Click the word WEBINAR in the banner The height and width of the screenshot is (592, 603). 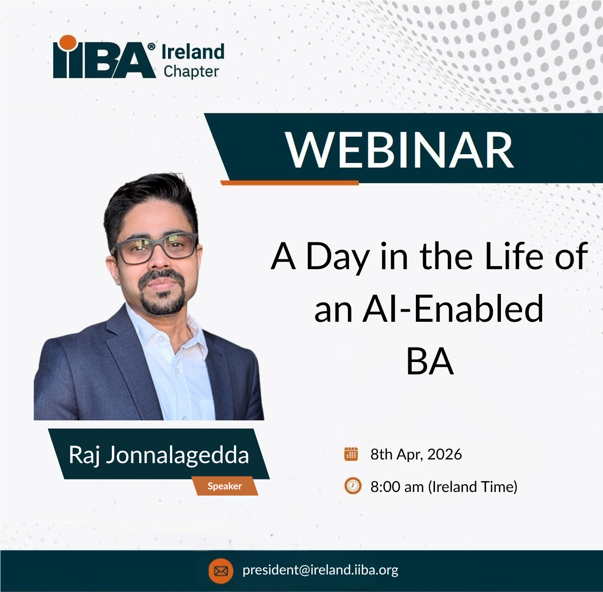399,150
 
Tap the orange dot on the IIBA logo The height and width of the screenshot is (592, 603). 68,43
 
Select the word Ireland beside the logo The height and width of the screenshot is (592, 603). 193,52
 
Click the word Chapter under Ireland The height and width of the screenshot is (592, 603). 191,72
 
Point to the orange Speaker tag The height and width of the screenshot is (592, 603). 225,486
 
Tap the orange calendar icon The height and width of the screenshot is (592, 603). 351,454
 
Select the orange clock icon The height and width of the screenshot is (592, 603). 353,485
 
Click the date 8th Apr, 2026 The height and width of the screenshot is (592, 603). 416,454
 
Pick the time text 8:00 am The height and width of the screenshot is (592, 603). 397,487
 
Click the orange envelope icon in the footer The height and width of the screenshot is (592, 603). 221,571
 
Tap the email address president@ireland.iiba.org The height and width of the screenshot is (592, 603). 321,570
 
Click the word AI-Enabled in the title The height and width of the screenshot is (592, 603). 453,308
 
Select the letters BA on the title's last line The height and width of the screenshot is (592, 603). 430,361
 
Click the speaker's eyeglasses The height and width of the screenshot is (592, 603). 156,248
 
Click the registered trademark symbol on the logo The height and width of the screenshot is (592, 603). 152,46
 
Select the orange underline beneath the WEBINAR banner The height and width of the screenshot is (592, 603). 290,183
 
